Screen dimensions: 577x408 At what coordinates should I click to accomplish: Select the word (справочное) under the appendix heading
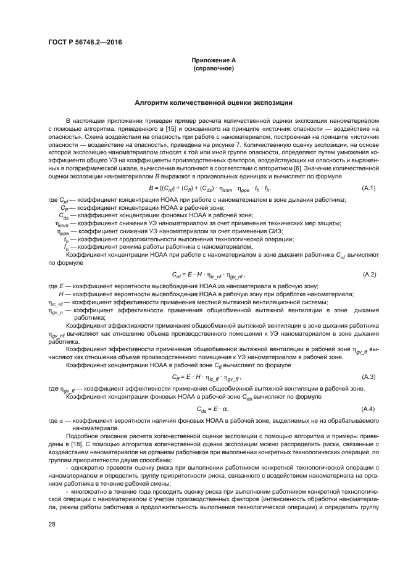[213, 68]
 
